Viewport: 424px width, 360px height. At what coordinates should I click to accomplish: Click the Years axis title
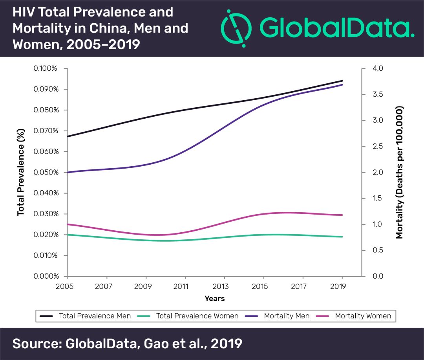pyautogui.click(x=215, y=299)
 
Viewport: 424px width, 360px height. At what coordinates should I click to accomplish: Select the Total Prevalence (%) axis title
pyautogui.click(x=21, y=172)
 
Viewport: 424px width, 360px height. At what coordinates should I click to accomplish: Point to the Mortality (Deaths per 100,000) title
pyautogui.click(x=400, y=172)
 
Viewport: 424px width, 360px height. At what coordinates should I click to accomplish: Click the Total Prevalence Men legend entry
pyautogui.click(x=95, y=316)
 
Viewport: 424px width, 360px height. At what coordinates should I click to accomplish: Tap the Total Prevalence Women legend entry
pyautogui.click(x=197, y=316)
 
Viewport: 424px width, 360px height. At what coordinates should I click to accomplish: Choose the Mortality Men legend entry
pyautogui.click(x=287, y=316)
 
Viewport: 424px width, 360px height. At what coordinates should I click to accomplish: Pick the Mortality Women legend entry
pyautogui.click(x=363, y=316)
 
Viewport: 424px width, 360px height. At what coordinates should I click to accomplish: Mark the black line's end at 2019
pyautogui.click(x=342, y=81)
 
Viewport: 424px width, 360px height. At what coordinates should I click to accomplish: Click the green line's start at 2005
pyautogui.click(x=68, y=235)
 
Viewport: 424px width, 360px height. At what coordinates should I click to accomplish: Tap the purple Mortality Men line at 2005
pyautogui.click(x=68, y=173)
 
